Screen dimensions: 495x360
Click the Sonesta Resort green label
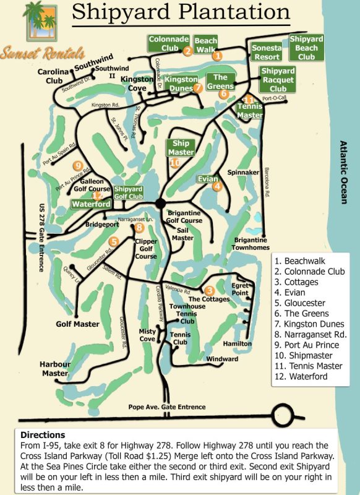(x=267, y=52)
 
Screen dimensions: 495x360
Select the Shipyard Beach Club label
(x=306, y=48)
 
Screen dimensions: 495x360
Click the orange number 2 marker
(x=187, y=51)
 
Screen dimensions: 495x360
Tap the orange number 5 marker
(x=113, y=242)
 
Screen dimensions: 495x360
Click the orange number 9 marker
(x=77, y=165)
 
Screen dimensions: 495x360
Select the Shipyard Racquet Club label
(x=278, y=80)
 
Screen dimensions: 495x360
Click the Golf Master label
(x=78, y=324)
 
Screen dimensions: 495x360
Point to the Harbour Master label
(x=54, y=369)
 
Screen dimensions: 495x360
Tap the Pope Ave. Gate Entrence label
(x=166, y=407)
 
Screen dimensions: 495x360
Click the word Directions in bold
(x=43, y=435)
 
